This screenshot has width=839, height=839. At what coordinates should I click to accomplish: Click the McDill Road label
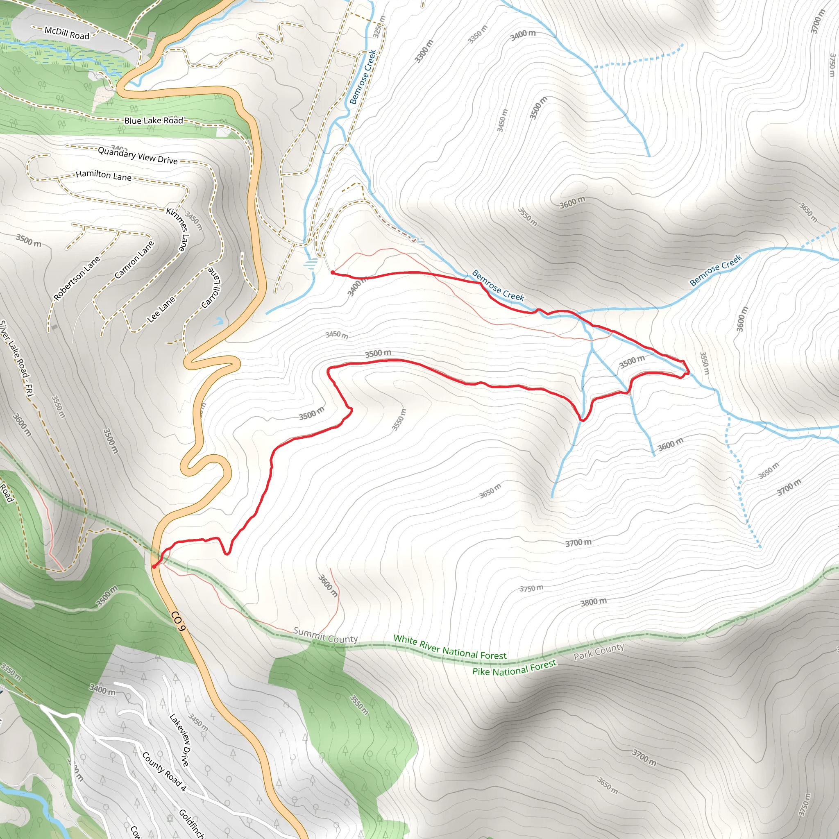click(67, 33)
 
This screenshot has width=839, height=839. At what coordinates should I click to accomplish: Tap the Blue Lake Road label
click(154, 120)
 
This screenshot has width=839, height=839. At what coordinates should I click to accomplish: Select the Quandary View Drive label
click(138, 155)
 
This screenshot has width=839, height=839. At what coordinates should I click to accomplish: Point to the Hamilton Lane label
click(103, 175)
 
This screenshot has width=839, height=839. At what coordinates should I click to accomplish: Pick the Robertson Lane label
click(77, 278)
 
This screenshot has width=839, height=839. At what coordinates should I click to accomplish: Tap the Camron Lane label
click(134, 260)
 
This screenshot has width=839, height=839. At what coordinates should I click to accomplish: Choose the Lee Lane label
click(161, 309)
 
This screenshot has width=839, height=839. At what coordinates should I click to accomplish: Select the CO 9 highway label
click(178, 622)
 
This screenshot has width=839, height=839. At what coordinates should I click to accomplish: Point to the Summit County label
click(325, 635)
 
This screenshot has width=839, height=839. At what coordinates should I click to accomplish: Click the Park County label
click(599, 651)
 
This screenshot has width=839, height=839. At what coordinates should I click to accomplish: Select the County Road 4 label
click(164, 771)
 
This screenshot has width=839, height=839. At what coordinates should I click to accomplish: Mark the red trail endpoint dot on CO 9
click(154, 566)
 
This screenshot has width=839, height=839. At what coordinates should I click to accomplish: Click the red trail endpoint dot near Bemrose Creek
click(333, 273)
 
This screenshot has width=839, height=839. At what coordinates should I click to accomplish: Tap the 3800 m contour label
click(593, 602)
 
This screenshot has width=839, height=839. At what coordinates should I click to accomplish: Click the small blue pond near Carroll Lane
click(218, 321)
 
